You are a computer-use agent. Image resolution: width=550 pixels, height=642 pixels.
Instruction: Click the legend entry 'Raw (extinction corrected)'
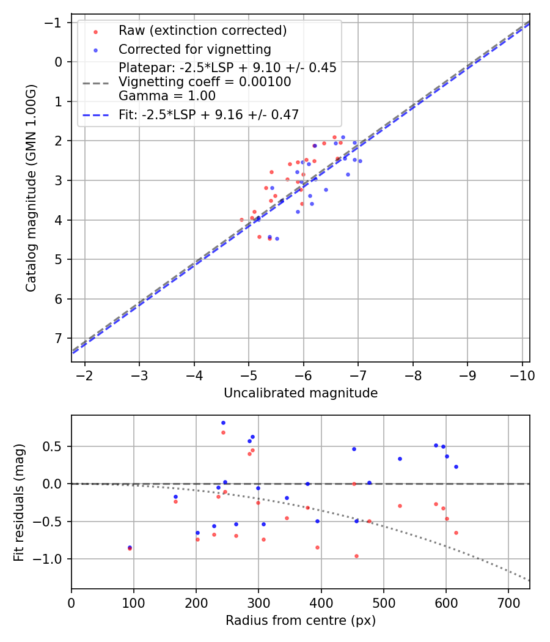[x=202, y=31]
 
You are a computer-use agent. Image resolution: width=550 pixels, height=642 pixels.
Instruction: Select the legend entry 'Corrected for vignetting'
[x=195, y=50]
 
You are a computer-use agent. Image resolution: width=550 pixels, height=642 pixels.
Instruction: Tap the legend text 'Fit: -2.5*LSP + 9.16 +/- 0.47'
[x=209, y=115]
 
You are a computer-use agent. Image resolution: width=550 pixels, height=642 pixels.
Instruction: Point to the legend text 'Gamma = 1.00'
[x=167, y=96]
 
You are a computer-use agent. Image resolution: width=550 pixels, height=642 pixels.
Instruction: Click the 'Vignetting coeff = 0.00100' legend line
[x=96, y=84]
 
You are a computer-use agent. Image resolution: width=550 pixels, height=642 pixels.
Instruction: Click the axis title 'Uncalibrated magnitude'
[x=301, y=393]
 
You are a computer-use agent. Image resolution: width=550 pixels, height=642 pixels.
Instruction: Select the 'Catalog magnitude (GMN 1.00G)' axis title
[x=31, y=188]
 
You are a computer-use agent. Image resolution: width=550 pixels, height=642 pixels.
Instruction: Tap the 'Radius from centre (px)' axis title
[x=301, y=621]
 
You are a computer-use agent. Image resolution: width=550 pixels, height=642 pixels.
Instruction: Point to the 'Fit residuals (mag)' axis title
[x=19, y=503]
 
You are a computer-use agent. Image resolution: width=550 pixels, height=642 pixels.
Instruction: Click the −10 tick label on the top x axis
[x=522, y=376]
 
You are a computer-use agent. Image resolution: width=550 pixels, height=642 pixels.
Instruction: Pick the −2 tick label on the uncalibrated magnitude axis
[x=85, y=376]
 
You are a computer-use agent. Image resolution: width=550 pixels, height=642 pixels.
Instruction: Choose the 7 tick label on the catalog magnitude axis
[x=58, y=339]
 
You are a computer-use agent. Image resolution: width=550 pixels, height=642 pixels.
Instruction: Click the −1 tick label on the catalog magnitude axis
[x=53, y=23]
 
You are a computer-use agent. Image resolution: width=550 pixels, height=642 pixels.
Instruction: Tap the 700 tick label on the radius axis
[x=508, y=603]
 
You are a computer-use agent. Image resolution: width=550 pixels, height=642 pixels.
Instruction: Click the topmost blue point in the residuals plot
[x=224, y=423]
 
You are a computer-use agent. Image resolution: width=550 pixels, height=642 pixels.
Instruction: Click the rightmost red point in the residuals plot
[x=457, y=533]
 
